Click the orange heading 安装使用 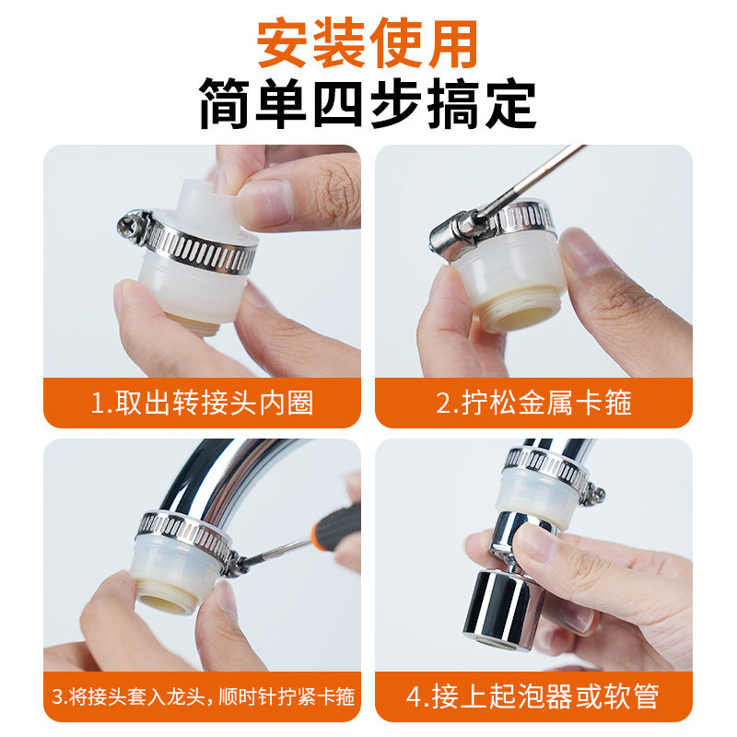coord(368,43)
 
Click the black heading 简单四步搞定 coord(368,106)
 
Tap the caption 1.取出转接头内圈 coord(203,403)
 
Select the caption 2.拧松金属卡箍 coord(533,403)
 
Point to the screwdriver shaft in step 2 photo coord(534,179)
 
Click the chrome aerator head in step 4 coord(503,608)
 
